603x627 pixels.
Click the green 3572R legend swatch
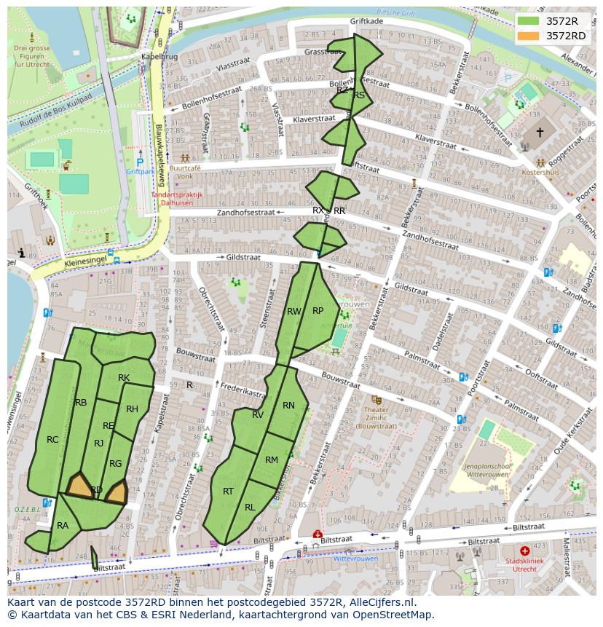(529, 20)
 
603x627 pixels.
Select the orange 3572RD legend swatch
(529, 36)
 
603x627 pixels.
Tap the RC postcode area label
(52, 440)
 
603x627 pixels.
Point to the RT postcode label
(228, 492)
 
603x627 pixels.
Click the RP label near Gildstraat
(318, 311)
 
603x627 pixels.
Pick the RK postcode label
(124, 378)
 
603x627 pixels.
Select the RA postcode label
(63, 526)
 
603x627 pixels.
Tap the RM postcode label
(272, 460)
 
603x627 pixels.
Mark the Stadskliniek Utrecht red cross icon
(524, 551)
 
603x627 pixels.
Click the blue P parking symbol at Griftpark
(140, 162)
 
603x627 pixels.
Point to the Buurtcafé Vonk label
(184, 171)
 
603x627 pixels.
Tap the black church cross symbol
(540, 133)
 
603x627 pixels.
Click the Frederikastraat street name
(243, 392)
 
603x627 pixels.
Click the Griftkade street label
(366, 22)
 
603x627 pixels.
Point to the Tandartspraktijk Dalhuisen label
(177, 200)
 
